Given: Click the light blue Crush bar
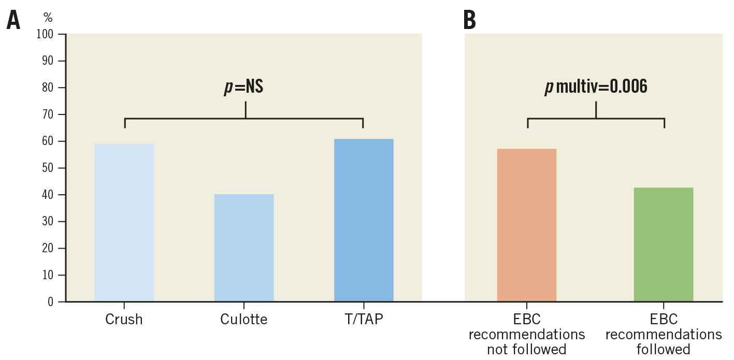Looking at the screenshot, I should [x=124, y=223].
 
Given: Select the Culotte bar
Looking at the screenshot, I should [x=244, y=248].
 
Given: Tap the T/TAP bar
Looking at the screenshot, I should [x=364, y=220].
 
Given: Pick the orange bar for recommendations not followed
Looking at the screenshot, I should [x=526, y=225].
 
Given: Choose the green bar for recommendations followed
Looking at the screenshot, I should [x=664, y=244].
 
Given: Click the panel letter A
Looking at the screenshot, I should [x=13, y=21].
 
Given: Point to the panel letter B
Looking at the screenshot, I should [x=469, y=21].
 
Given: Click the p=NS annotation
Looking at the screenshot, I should [x=244, y=87].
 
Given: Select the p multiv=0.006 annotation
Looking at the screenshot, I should [x=596, y=87].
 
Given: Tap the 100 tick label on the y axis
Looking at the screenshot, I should [x=45, y=34].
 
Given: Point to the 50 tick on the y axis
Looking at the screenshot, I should [x=48, y=168].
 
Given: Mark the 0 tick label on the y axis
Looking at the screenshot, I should [x=50, y=302].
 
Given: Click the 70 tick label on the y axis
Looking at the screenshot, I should [x=48, y=114].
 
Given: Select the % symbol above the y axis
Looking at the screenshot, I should [x=48, y=18].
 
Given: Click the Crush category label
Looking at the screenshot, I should [x=124, y=320].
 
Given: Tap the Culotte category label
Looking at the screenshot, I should [x=244, y=320].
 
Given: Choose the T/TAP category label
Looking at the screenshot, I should [x=364, y=320].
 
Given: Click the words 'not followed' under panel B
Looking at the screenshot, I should [x=526, y=350].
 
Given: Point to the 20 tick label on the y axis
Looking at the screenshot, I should [x=48, y=248].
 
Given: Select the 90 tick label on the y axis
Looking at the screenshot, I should [x=48, y=61].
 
